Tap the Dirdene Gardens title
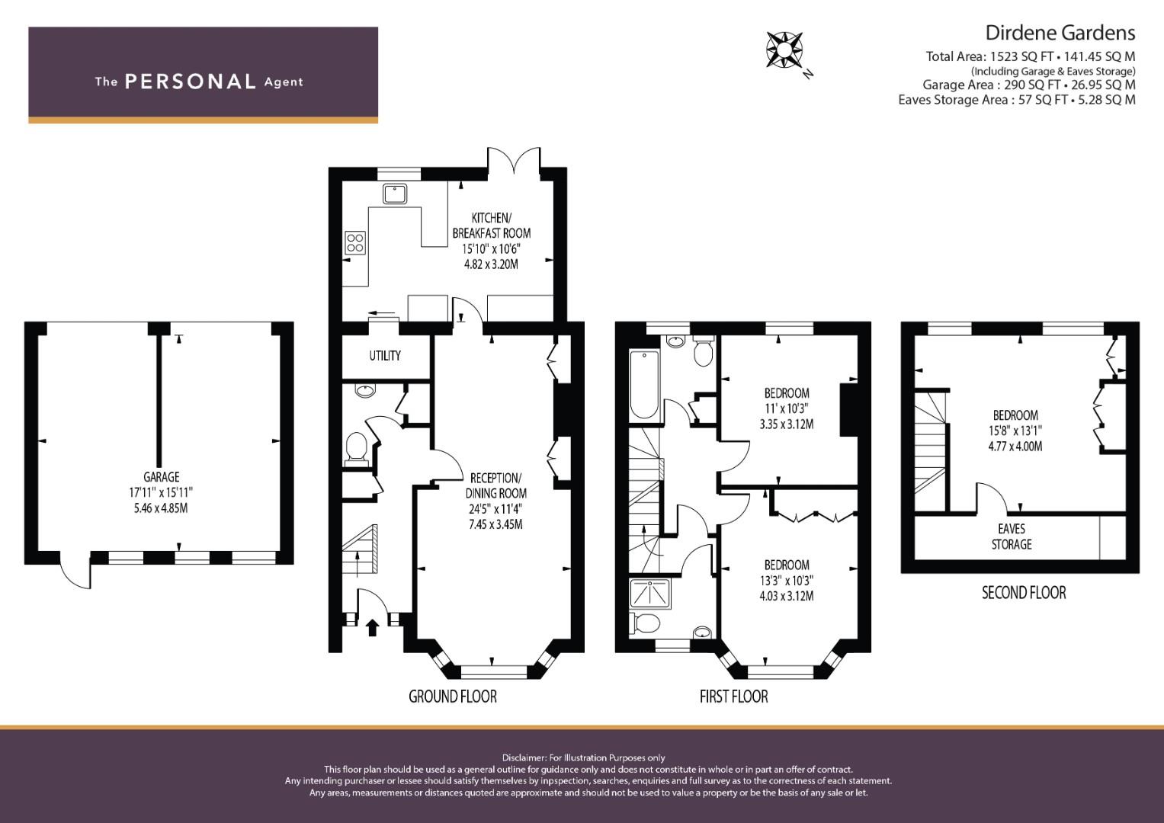coord(1060,33)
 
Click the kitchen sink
coord(395,194)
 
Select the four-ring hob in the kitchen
coord(355,242)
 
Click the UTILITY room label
coord(385,356)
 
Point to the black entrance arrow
coord(373,627)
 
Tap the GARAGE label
coord(161,477)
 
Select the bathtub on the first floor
coord(643,384)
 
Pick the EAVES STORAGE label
coord(1012,536)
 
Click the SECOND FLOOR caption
coord(1024,592)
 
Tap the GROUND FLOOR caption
coord(453,696)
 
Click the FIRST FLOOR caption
coord(733,696)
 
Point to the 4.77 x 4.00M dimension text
coord(1015,446)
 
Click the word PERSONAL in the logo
coord(190,82)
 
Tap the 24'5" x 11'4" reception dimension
coord(495,509)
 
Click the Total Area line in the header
coord(1030,56)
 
